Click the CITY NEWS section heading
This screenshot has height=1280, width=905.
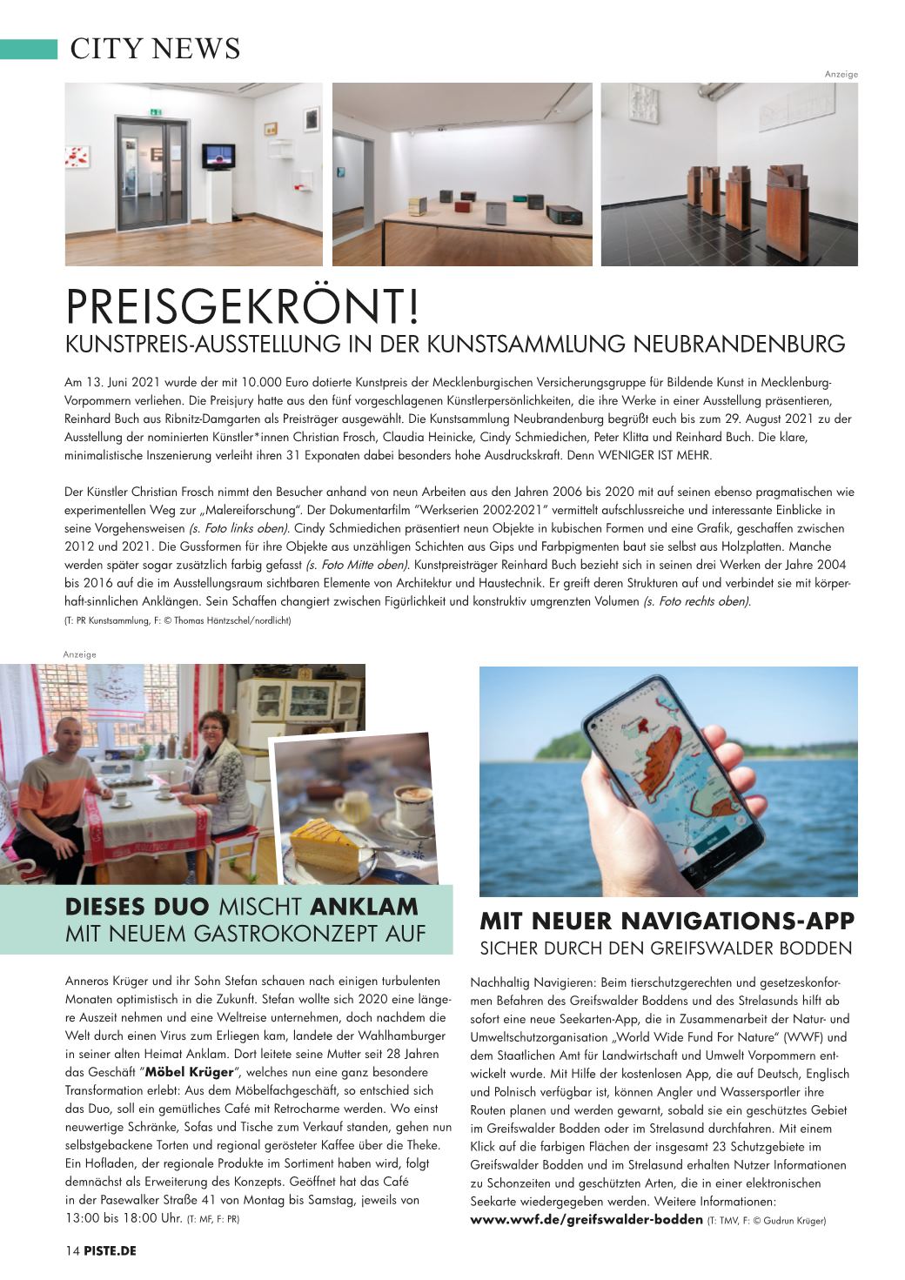click(x=155, y=49)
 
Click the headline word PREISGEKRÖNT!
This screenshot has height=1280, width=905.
click(x=243, y=307)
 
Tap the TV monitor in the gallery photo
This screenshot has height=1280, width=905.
click(x=217, y=157)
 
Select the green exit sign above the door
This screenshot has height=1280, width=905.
click(x=157, y=111)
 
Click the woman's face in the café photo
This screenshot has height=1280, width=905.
click(x=211, y=728)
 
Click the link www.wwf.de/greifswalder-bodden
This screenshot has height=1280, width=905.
click(x=586, y=1220)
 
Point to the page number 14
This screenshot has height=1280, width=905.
click(x=72, y=1251)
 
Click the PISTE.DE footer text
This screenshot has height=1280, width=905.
click(x=110, y=1251)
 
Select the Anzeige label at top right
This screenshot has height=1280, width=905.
click(x=841, y=75)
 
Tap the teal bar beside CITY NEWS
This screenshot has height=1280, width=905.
click(x=29, y=49)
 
